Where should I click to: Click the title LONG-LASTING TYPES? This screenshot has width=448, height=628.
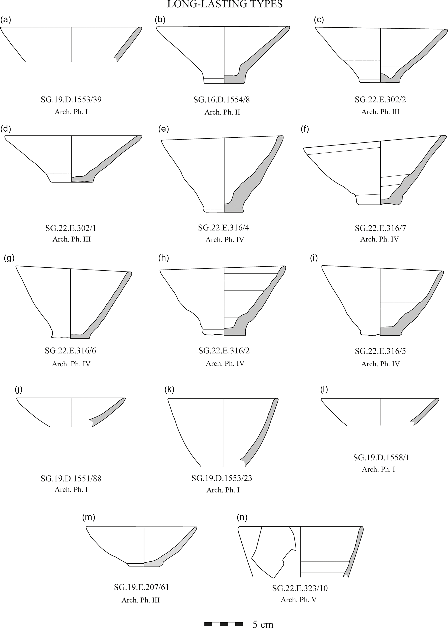[x=225, y=4]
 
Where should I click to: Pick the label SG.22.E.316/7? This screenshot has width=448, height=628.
[x=380, y=228]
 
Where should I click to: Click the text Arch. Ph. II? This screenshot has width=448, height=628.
[x=222, y=112]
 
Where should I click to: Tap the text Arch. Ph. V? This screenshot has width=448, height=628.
[x=299, y=600]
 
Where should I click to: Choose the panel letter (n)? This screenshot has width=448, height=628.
[x=242, y=517]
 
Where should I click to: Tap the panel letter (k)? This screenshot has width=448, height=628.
[x=169, y=389]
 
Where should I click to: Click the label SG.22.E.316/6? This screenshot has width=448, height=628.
[x=71, y=351]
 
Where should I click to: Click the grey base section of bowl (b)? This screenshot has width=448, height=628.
[x=234, y=79]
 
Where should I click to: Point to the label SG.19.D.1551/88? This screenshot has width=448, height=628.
[x=71, y=478]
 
